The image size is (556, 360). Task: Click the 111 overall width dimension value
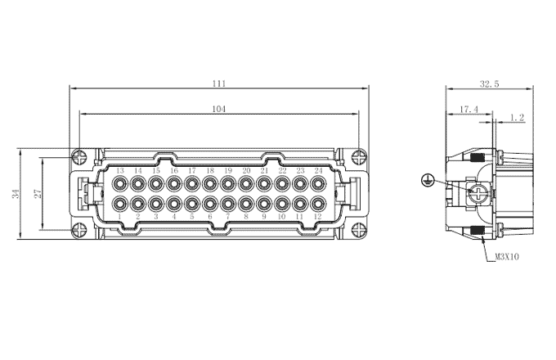pyautogui.click(x=219, y=83)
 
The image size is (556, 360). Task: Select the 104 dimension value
pyautogui.click(x=219, y=109)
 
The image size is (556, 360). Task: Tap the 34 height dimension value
pyautogui.click(x=16, y=194)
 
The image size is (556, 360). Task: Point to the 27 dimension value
pyautogui.click(x=38, y=194)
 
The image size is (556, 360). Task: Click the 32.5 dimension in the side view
pyautogui.click(x=489, y=84)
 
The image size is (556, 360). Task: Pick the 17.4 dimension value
pyautogui.click(x=469, y=110)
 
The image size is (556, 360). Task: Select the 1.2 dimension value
pyautogui.click(x=518, y=118)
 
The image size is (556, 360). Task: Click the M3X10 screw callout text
pyautogui.click(x=507, y=256)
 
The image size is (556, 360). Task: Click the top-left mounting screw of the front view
pyautogui.click(x=79, y=157)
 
